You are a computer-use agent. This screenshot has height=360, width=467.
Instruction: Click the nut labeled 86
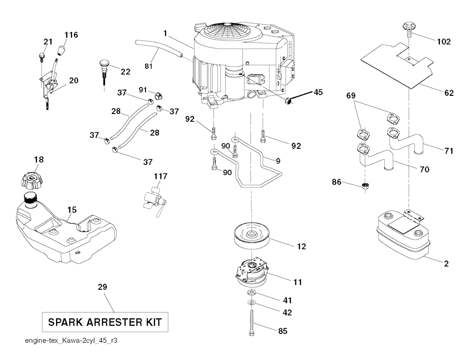365,186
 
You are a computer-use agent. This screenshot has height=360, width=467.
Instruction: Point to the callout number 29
102,287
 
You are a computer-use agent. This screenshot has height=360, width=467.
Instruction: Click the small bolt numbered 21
41,57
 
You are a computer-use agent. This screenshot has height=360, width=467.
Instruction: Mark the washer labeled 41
251,292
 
